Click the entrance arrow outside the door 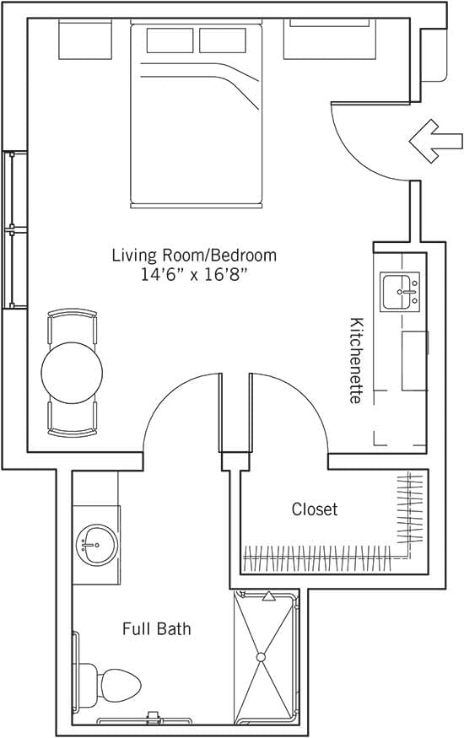pyautogui.click(x=435, y=139)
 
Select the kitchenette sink pyautogui.click(x=399, y=292)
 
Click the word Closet pyautogui.click(x=315, y=509)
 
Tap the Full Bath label pyautogui.click(x=156, y=629)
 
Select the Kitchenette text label pyautogui.click(x=356, y=360)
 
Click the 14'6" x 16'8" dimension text pyautogui.click(x=194, y=275)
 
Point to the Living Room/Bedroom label pyautogui.click(x=194, y=255)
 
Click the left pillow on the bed pyautogui.click(x=170, y=40)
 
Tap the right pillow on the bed pyautogui.click(x=223, y=40)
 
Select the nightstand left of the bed pyautogui.click(x=85, y=40)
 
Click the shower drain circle pyautogui.click(x=261, y=656)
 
